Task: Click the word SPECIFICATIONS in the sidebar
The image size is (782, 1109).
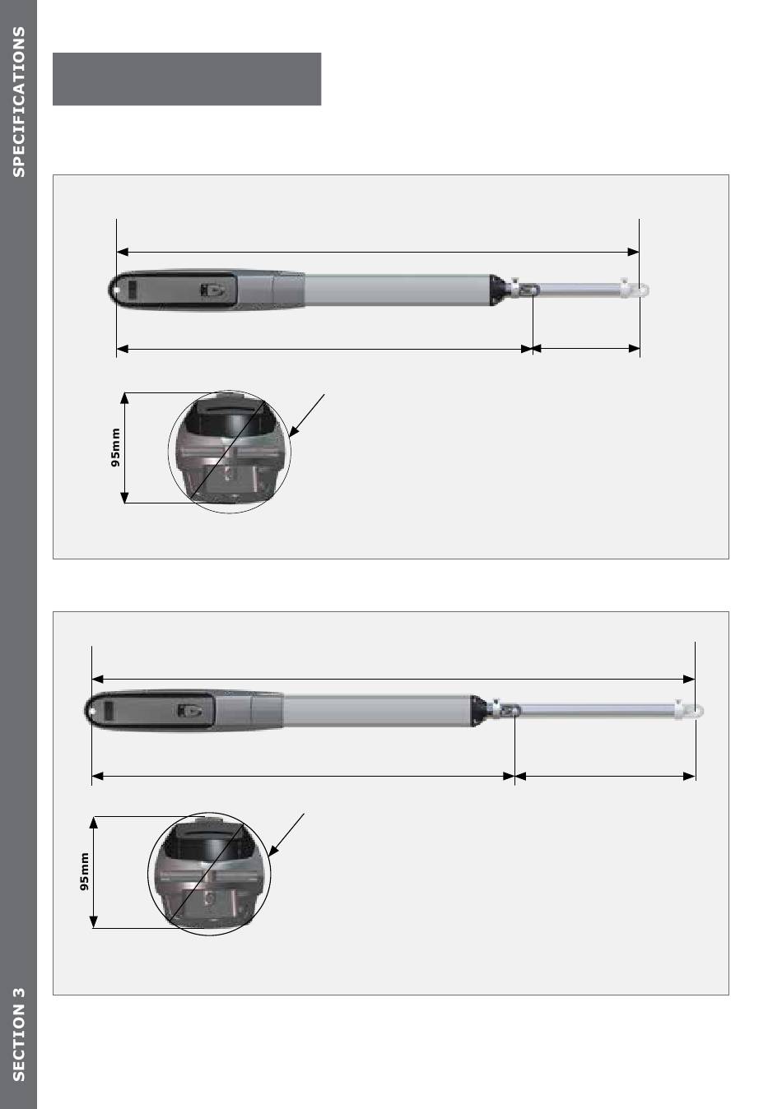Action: point(18,101)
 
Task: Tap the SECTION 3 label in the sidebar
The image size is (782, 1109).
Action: point(18,1034)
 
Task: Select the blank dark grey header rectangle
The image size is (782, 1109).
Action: point(187,79)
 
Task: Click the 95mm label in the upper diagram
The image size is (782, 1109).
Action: point(115,448)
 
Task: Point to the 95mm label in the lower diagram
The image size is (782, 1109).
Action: point(85,871)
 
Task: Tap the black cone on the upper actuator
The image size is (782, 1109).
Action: point(497,290)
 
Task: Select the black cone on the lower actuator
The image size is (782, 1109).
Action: point(478,711)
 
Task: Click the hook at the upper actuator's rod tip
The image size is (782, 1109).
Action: point(642,290)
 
